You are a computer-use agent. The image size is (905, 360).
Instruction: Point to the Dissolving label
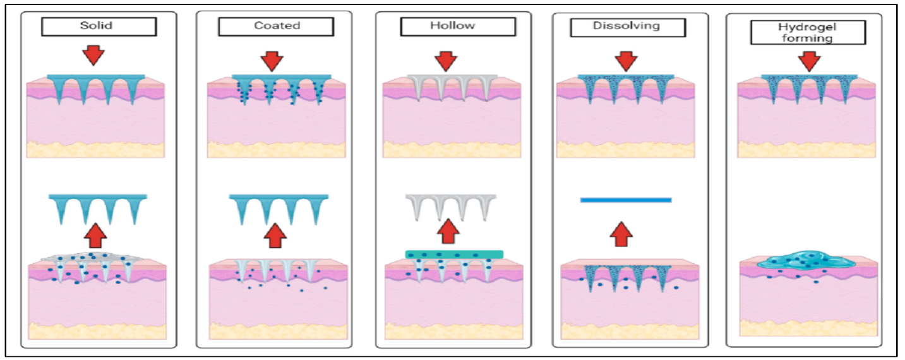click(x=628, y=27)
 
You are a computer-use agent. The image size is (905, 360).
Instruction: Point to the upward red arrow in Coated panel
click(x=275, y=236)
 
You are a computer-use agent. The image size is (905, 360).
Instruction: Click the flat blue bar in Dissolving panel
click(x=625, y=200)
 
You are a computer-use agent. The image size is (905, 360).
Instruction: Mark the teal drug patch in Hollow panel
click(x=454, y=254)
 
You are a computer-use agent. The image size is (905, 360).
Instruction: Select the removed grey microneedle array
click(x=448, y=206)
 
